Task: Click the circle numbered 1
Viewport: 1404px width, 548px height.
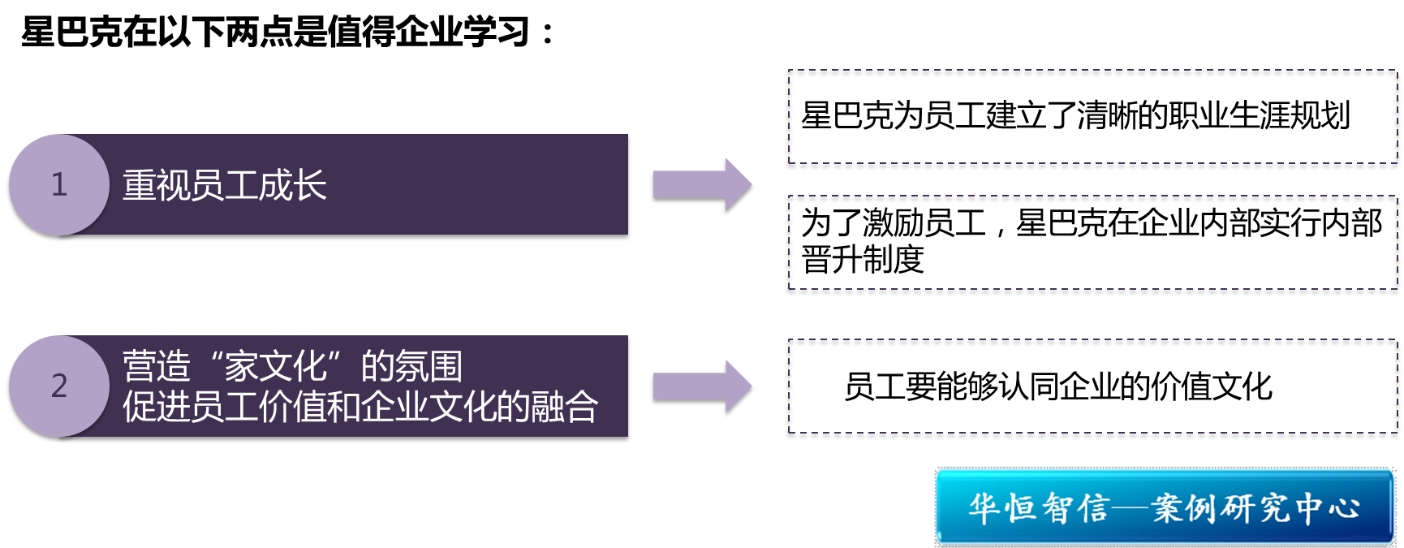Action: pos(58,185)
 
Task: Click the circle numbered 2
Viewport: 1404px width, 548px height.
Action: pos(58,386)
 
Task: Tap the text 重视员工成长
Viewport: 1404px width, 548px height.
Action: pos(224,186)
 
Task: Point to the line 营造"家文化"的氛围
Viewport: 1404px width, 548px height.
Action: pos(292,367)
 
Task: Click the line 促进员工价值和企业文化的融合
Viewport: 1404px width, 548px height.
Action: pos(360,407)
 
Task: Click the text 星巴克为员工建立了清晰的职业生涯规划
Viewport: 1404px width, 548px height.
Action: pos(1075,116)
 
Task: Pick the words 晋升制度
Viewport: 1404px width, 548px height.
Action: pos(863,260)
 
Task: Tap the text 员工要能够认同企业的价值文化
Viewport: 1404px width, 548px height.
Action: pos(1058,387)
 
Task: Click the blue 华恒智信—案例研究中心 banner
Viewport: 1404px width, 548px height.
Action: pos(1165,507)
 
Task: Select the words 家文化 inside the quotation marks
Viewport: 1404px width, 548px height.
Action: pos(275,367)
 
